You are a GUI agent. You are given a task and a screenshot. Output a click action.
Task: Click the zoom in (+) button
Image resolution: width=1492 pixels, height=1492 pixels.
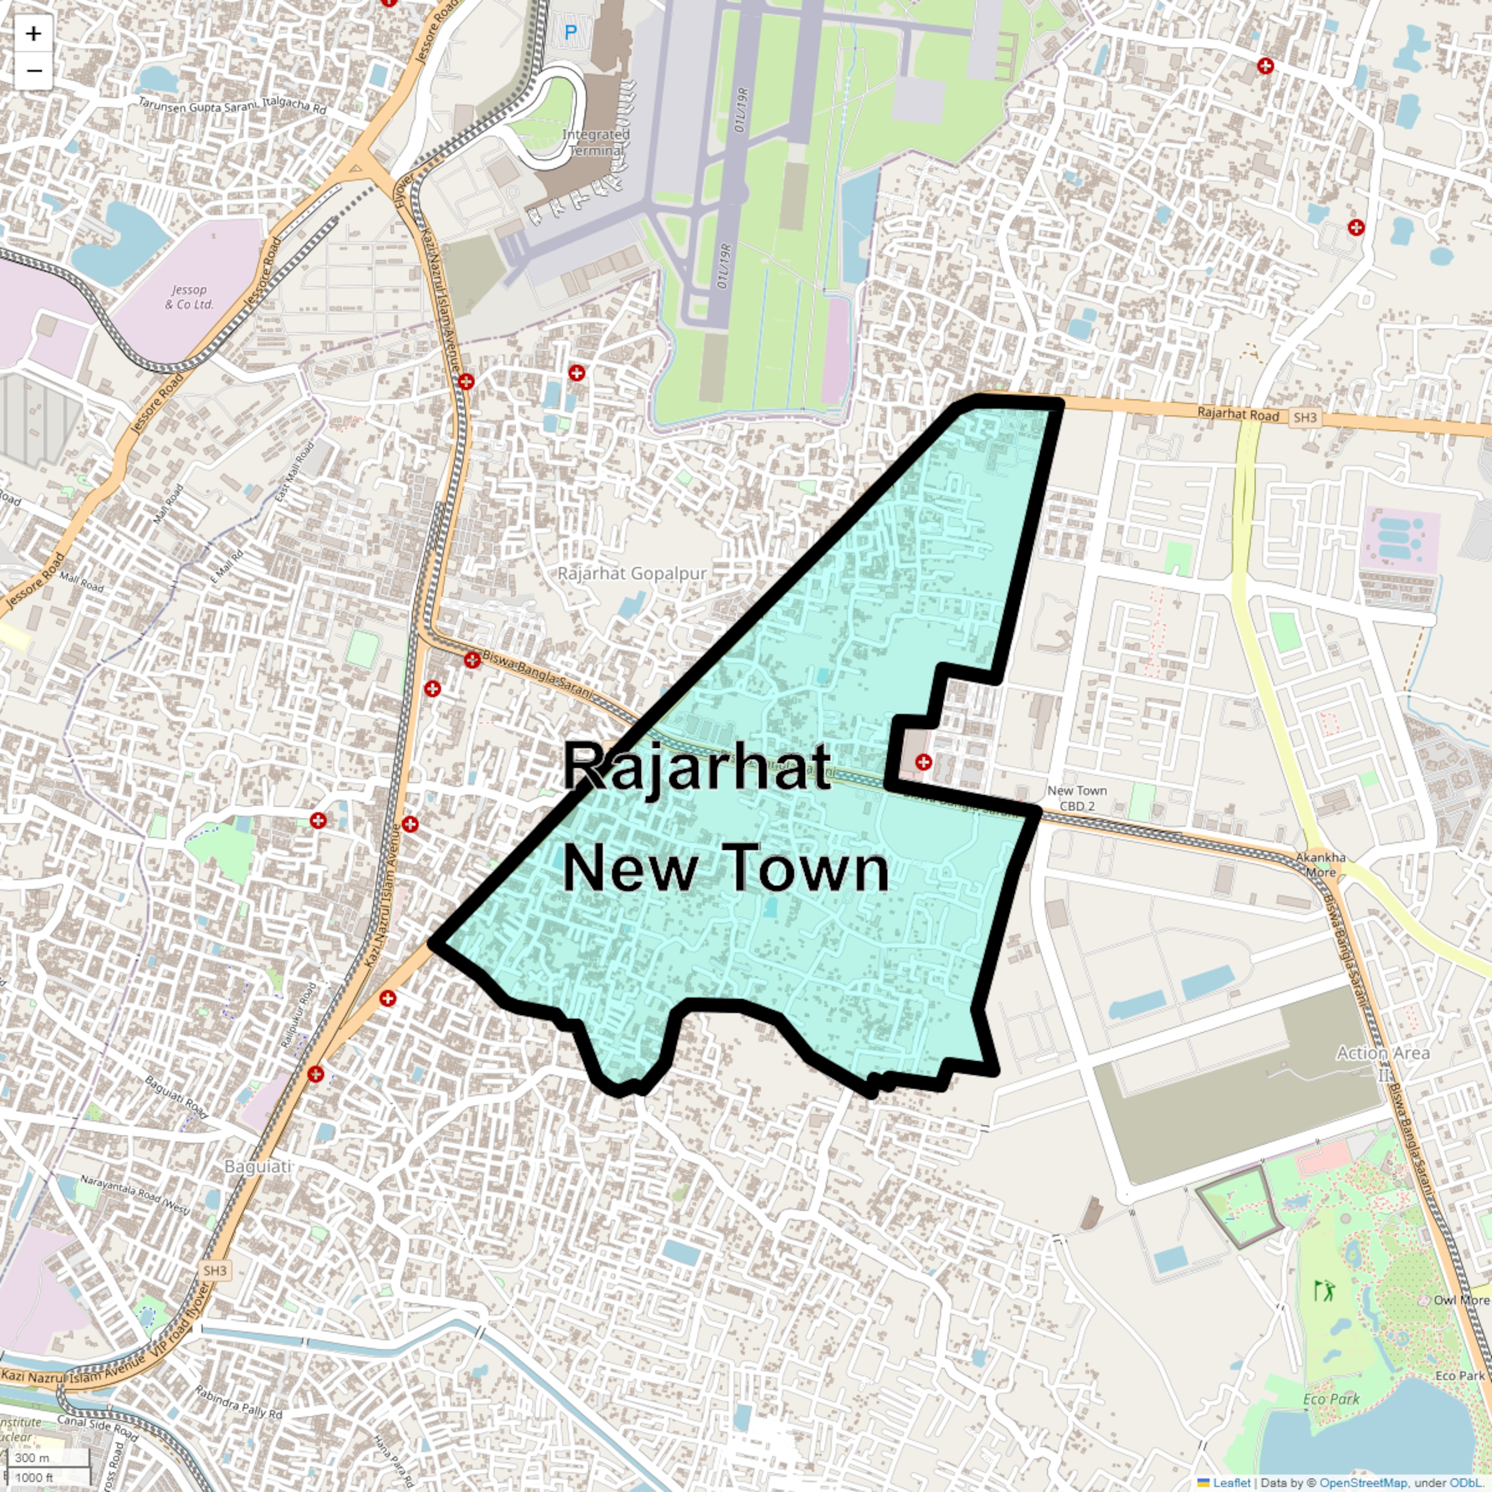click(33, 33)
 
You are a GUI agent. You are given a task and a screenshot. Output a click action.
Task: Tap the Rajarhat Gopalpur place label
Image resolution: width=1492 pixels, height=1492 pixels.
click(632, 574)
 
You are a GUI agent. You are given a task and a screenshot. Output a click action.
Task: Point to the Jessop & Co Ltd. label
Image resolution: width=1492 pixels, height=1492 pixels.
click(189, 296)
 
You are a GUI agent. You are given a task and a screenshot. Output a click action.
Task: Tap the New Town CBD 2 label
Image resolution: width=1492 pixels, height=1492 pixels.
click(1077, 798)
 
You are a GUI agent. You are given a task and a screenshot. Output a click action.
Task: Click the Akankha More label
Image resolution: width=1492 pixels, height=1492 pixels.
click(1320, 864)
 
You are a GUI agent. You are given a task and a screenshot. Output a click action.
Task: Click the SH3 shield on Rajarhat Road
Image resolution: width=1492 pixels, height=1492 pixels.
click(1305, 418)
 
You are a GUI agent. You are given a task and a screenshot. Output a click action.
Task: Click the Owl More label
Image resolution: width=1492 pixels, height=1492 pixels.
click(1461, 1300)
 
